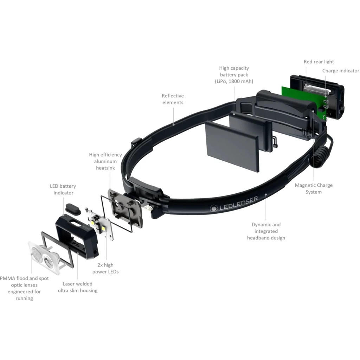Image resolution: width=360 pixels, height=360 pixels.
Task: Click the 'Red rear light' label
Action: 319,62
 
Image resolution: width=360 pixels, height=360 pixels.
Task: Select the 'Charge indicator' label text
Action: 341,71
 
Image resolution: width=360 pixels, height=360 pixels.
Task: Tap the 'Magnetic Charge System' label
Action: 314,188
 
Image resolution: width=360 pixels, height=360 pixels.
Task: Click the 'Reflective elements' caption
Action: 173,99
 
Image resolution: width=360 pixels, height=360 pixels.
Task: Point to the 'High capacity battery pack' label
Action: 234,75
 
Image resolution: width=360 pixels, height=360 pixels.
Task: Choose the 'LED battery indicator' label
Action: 63,189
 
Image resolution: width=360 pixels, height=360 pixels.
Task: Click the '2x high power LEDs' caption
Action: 105,268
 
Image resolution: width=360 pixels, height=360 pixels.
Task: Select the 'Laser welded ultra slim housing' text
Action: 78,287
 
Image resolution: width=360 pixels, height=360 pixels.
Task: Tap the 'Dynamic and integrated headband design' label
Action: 266,231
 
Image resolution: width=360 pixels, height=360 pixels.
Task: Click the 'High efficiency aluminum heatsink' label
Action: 105,161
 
